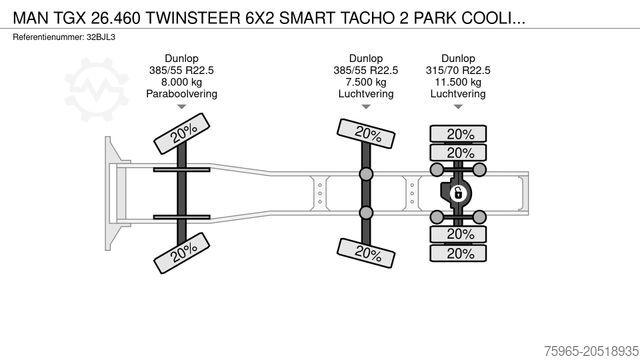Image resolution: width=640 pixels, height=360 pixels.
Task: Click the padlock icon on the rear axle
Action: [459, 193]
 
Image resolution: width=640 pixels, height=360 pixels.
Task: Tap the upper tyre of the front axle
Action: [180, 135]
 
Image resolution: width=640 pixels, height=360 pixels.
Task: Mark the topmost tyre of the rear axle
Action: [459, 134]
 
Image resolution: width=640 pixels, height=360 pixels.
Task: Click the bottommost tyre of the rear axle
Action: [459, 253]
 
